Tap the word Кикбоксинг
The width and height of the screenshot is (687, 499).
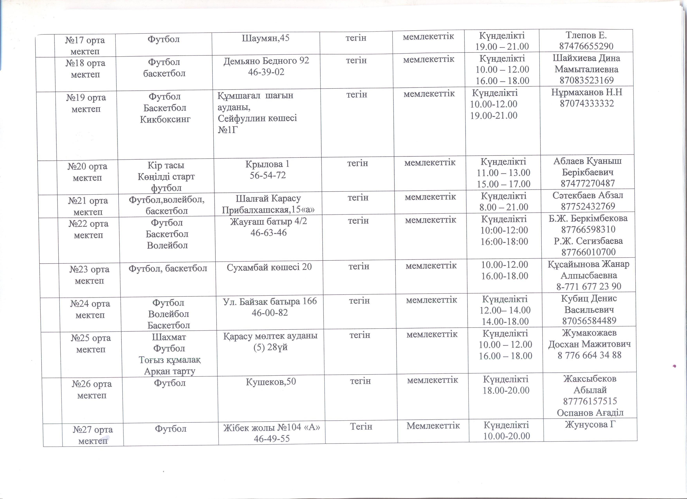165,119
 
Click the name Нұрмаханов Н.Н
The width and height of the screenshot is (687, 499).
587,92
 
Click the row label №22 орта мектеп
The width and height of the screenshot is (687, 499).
88,229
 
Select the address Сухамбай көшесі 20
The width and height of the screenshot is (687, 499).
269,267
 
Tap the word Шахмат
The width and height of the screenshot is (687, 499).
169,337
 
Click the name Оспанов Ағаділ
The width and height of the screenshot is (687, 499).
590,412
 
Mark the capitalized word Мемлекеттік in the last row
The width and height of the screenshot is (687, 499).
433,426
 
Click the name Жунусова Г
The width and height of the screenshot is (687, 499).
590,424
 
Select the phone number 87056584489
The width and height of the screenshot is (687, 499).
589,321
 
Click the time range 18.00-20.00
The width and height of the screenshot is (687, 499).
506,390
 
